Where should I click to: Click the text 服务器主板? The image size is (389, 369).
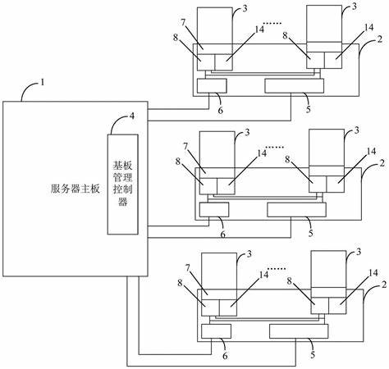pos(76,189)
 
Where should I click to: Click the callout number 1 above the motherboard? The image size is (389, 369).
pos(43,82)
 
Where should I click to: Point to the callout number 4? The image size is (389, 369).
pos(132,116)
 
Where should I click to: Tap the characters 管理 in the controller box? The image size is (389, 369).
pos(123,177)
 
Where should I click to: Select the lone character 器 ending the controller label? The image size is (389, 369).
pos(123,202)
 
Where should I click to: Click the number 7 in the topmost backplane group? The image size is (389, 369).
pos(183,22)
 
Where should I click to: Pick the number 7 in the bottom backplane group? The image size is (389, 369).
pos(188,268)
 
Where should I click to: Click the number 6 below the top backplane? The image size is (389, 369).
pos(220,110)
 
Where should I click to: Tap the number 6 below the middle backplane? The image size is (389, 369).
pos(222,235)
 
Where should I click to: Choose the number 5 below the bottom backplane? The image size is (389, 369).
pos(313,355)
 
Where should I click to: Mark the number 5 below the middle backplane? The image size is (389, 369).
pos(310,233)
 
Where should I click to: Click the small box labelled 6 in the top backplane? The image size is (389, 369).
pos(212,86)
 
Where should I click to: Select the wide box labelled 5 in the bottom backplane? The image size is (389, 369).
pos(299,331)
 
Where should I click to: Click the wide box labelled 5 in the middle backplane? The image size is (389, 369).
pos(296,210)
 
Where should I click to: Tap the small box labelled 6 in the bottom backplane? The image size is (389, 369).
pos(216,331)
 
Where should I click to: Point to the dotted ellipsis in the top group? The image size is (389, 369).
pos(272,24)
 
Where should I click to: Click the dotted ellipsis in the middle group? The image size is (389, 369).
pos(275,147)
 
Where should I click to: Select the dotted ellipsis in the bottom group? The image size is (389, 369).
pos(277,269)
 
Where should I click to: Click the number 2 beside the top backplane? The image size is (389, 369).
pos(379,39)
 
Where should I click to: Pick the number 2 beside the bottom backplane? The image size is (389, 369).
pos(384,285)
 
